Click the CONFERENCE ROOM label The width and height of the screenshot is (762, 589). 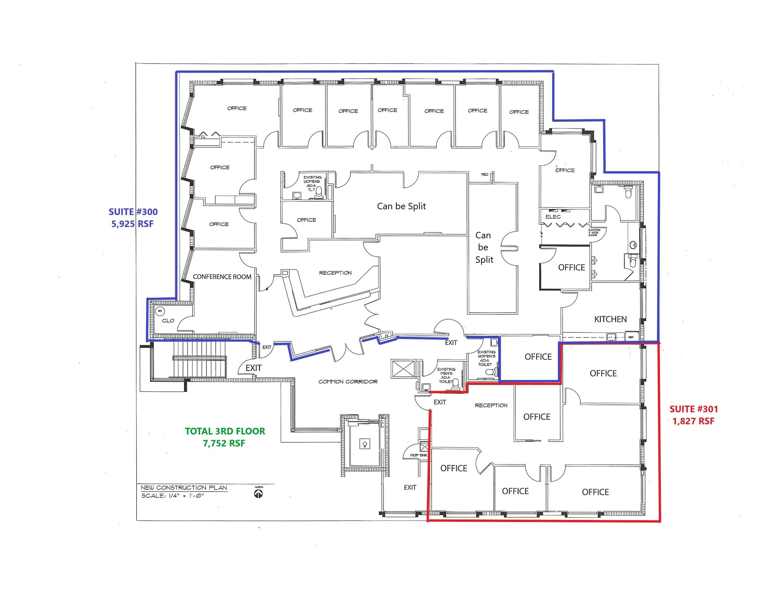(222, 277)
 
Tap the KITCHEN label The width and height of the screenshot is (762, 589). (610, 319)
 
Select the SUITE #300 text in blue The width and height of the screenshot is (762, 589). (133, 212)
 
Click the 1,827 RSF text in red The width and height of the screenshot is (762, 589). (693, 421)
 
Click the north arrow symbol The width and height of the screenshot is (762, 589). (258, 493)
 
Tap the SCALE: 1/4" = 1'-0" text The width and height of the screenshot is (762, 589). (173, 496)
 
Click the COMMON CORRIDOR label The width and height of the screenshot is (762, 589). (348, 382)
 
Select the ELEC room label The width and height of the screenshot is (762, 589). (553, 217)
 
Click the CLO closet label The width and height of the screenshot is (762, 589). (168, 321)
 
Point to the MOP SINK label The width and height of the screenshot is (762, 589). (419, 455)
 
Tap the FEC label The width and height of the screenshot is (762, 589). (484, 175)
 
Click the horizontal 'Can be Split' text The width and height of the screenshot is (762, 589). (401, 206)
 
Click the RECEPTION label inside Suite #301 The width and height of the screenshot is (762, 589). (491, 406)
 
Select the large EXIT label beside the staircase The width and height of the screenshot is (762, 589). (253, 368)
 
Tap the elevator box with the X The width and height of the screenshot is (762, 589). (403, 369)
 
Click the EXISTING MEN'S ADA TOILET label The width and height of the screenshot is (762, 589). (446, 375)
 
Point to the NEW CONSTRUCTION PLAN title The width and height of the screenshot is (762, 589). (183, 488)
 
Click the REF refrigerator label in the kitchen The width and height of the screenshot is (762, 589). (631, 337)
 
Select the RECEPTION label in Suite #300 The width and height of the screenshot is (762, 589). (335, 273)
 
